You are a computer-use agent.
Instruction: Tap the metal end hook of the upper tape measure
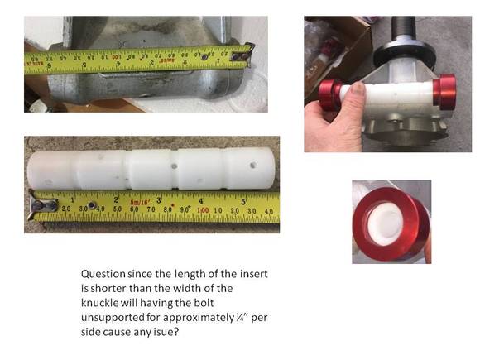pos(243,55)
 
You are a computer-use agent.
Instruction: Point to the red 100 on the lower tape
pos(203,210)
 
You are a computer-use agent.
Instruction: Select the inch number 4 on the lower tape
pos(201,201)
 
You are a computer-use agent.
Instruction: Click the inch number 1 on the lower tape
pos(73,200)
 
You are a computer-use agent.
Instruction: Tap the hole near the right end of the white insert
pos(253,166)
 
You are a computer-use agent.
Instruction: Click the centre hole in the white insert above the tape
pos(174,166)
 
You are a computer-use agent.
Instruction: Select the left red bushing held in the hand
pos(329,94)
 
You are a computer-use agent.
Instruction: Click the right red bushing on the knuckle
pos(444,91)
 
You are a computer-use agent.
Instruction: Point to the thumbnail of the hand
pos(358,88)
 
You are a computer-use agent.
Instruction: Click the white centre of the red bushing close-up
pos(386,224)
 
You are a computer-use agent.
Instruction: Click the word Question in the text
pos(103,274)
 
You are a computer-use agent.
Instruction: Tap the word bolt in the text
pos(204,303)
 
